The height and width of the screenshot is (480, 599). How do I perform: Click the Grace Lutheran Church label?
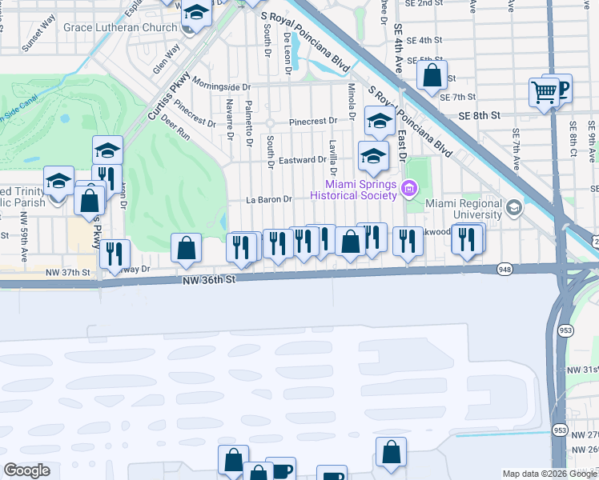coord(120,27)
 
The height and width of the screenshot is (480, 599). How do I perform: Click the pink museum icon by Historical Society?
coord(409,189)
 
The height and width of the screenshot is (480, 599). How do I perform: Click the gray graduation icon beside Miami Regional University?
coord(513,208)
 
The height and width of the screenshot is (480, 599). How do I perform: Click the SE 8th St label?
coord(479,115)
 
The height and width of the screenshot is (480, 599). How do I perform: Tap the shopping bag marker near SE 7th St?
coord(432,76)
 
